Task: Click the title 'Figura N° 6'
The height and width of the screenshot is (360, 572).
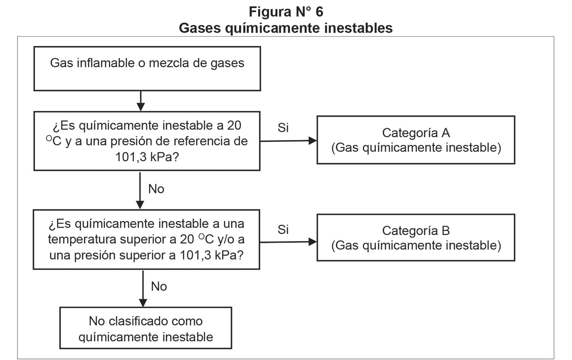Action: [286, 11]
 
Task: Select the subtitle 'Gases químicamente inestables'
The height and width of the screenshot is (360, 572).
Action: [286, 28]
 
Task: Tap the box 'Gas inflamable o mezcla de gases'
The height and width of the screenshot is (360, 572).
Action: [147, 69]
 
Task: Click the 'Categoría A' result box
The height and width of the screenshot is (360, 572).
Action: [416, 140]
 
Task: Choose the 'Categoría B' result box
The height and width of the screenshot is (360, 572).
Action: [416, 238]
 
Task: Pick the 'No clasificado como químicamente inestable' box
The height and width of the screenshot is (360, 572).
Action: [146, 328]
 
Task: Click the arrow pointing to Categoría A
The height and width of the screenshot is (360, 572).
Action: [288, 141]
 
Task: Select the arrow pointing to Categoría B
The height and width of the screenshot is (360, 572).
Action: [288, 242]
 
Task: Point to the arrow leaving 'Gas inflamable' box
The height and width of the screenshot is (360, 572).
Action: [141, 101]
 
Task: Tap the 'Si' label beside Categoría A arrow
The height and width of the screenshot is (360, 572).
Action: [283, 128]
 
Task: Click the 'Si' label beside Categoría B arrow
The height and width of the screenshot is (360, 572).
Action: [283, 230]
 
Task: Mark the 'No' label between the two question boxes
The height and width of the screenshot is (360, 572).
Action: [156, 189]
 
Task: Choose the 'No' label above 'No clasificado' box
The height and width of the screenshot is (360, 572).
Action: [159, 286]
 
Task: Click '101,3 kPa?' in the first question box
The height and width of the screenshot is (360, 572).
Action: [147, 157]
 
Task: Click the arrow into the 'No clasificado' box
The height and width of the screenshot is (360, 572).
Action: [143, 289]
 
